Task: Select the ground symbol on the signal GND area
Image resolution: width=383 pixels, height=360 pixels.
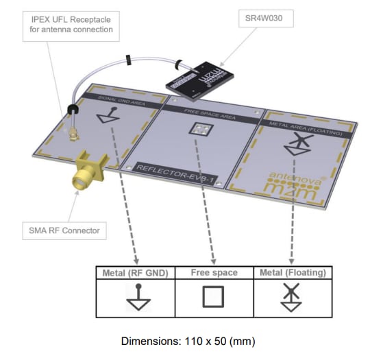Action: point(105,118)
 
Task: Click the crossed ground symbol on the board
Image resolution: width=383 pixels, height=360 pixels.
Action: point(297,143)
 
